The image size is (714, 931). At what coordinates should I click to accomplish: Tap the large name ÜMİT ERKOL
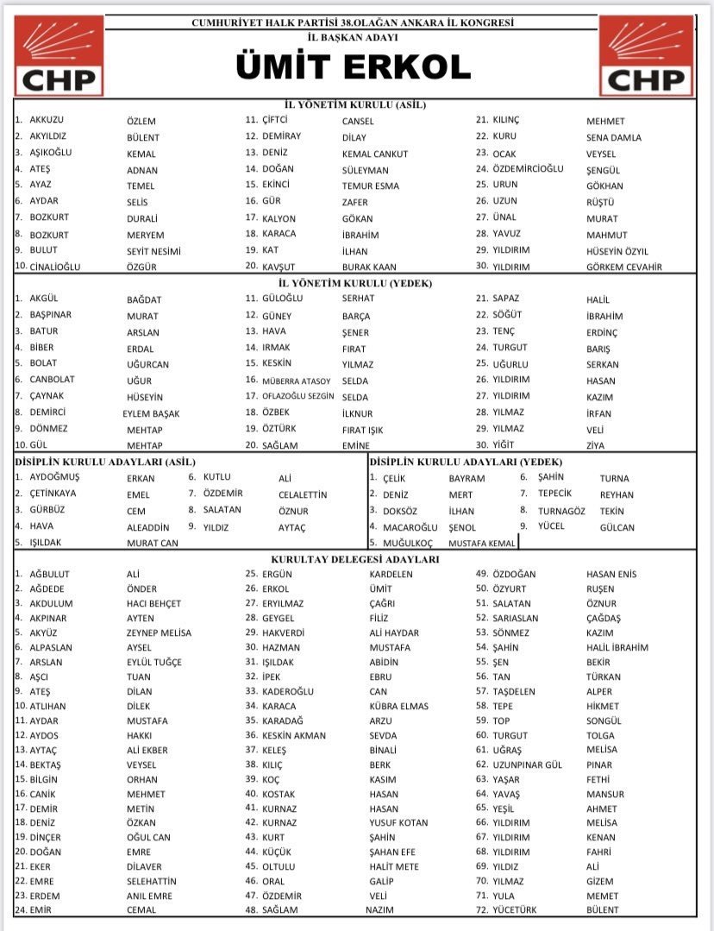click(x=354, y=67)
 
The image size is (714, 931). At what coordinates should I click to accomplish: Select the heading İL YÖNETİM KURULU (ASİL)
click(x=354, y=105)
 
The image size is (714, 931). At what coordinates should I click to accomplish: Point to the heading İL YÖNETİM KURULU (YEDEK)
click(x=354, y=283)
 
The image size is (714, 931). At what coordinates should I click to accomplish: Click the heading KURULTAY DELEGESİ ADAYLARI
click(x=354, y=559)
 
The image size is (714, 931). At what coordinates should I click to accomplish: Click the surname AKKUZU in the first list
click(x=47, y=121)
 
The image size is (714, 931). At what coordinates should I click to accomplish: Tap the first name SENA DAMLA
click(x=614, y=137)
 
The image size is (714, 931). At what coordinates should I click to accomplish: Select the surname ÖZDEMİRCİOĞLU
click(x=528, y=169)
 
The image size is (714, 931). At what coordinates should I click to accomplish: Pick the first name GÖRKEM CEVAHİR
click(x=624, y=267)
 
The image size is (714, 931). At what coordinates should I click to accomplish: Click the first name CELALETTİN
click(x=303, y=494)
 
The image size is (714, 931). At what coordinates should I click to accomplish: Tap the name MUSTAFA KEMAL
click(x=482, y=544)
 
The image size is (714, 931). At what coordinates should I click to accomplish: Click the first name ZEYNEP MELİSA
click(x=159, y=632)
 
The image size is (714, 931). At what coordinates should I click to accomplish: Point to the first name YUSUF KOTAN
click(x=398, y=822)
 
